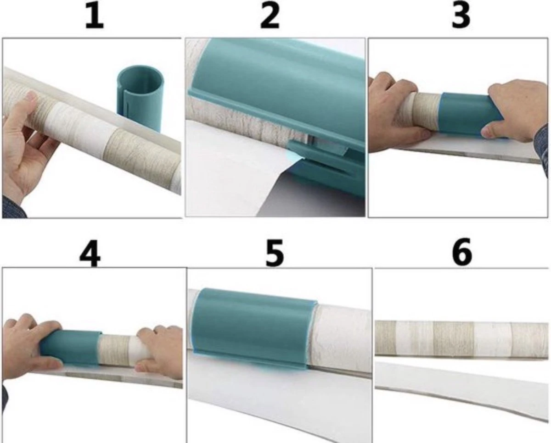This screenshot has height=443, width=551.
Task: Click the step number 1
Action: point(94,16)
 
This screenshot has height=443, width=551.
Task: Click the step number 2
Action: point(270,16)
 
